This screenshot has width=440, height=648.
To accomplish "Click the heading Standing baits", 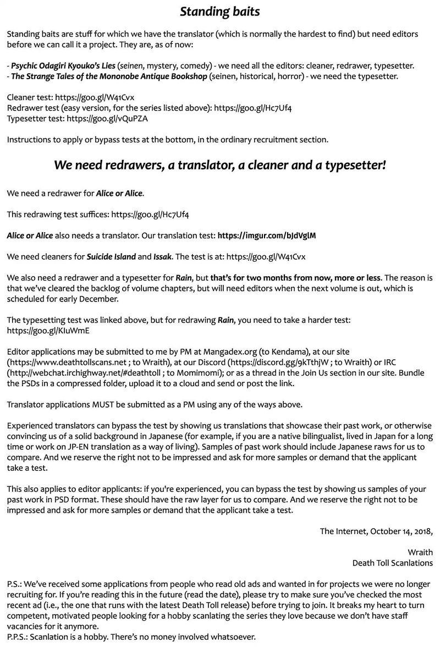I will pyautogui.click(x=220, y=11).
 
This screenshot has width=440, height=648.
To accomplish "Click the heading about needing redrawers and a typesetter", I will pyautogui.click(x=220, y=166).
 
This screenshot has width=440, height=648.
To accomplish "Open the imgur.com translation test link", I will pyautogui.click(x=267, y=235).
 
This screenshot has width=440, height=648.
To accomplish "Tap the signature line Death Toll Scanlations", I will pyautogui.click(x=392, y=563).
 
